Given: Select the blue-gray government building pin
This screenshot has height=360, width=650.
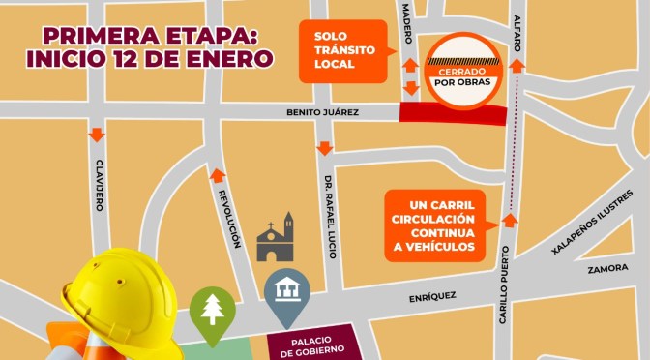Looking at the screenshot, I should click(x=287, y=294).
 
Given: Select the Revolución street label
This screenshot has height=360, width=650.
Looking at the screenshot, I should click(x=232, y=218).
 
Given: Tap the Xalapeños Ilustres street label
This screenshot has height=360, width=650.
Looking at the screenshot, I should click(x=591, y=236).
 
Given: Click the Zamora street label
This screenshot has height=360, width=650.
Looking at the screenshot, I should click(x=607, y=270).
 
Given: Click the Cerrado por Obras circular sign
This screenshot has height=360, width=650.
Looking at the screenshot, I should click(x=466, y=74).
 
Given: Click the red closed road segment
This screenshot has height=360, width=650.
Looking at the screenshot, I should click(x=453, y=115).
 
